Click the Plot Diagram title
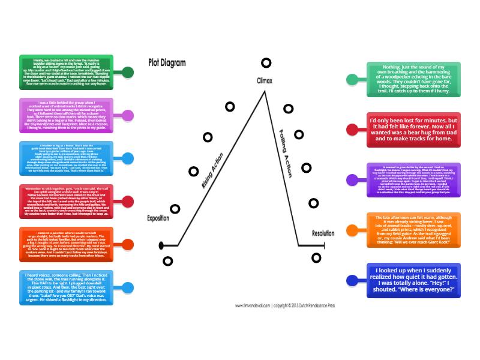point(167,62)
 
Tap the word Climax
point(265,80)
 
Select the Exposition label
point(158,218)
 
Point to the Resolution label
point(323,233)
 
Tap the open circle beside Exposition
point(175,209)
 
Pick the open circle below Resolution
point(316,257)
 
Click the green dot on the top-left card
point(127,73)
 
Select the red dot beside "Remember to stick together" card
point(127,201)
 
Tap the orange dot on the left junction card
point(127,244)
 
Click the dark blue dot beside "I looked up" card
point(353,280)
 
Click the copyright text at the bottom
point(293,306)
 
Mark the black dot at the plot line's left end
point(161,245)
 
